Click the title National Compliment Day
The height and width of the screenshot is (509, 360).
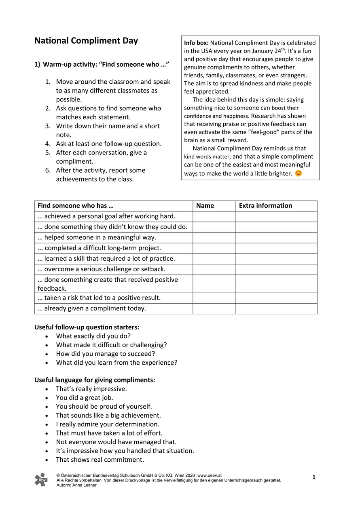click(86, 41)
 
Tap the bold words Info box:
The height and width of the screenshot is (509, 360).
click(197, 43)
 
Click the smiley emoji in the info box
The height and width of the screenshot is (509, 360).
click(299, 173)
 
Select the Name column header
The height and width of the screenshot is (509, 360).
click(205, 206)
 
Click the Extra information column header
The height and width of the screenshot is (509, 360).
click(265, 206)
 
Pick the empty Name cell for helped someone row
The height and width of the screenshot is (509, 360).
click(214, 238)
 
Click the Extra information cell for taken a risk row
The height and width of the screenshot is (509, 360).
click(276, 298)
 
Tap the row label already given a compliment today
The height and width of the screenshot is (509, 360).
click(92, 308)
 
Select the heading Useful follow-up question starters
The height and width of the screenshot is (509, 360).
click(87, 327)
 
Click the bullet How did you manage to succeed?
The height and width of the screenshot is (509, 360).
click(106, 354)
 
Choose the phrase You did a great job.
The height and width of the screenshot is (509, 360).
click(85, 398)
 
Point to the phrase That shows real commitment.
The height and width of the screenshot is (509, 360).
click(100, 460)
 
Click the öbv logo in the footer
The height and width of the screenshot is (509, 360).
click(40, 479)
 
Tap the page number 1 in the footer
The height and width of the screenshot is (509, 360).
click(313, 477)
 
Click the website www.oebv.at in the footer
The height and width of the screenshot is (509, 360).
click(210, 475)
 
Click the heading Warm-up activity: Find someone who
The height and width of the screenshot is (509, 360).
click(106, 65)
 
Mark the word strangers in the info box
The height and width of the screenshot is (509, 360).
click(292, 75)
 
